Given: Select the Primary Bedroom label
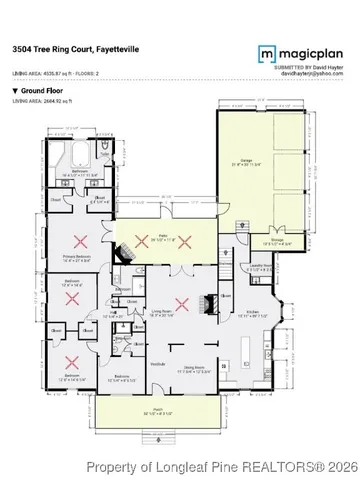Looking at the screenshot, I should [x=74, y=258].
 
